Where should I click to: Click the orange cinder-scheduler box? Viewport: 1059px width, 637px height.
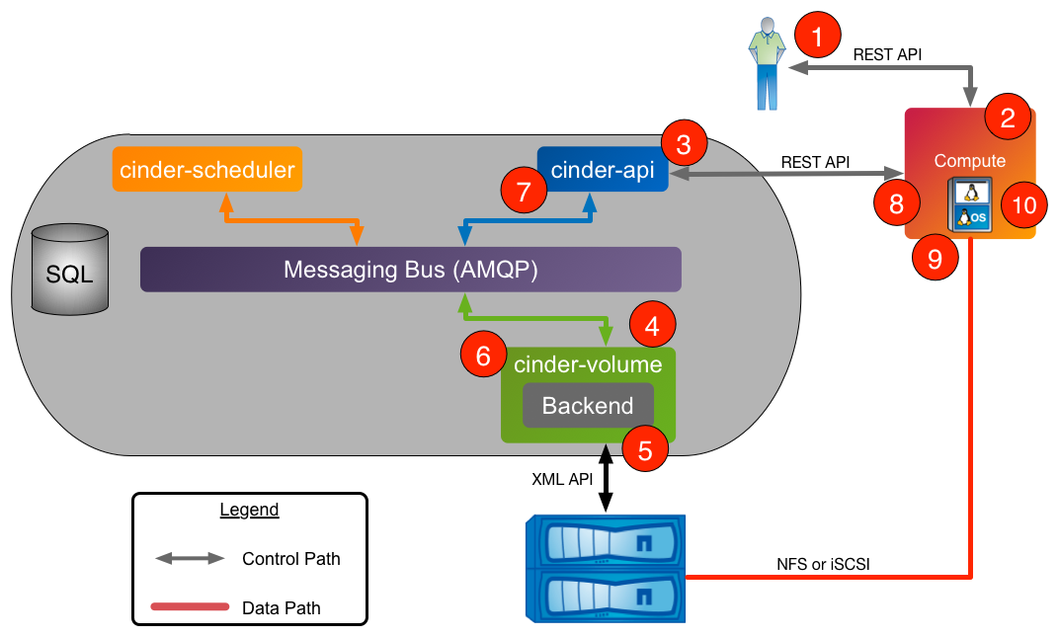pos(207,170)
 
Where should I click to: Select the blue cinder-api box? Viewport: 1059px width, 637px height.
pos(603,170)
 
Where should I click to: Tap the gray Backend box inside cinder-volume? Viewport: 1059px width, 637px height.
pos(588,405)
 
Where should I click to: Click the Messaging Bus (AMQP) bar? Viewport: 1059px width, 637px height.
pos(411,270)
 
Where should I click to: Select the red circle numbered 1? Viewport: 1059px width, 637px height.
pos(817,39)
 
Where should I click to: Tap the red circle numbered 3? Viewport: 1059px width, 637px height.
pos(683,145)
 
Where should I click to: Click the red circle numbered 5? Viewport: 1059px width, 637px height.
pos(645,451)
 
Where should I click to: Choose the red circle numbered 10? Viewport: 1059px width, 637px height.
pos(1024,205)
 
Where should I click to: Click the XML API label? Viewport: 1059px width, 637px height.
pos(562,479)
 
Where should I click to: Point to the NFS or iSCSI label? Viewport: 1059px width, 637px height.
pos(824,564)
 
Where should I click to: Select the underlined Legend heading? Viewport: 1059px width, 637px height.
pos(249,511)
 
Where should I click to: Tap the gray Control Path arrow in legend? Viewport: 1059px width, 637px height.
pos(190,559)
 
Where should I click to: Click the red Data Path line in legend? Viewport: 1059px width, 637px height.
pos(190,607)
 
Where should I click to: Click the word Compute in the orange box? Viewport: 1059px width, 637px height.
pos(970,161)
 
